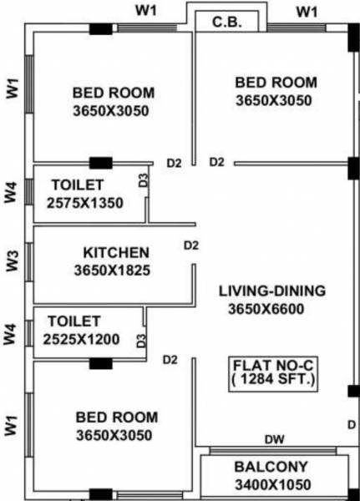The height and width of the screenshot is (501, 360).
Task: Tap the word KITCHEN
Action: point(116,252)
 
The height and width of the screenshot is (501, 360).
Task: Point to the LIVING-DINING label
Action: point(272,291)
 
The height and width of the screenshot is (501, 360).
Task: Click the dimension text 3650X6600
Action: point(272,309)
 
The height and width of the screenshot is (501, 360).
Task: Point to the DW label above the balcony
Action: point(272,439)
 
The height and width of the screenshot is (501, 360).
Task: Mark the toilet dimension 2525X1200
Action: point(81,338)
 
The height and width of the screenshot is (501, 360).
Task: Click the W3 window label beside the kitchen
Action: point(12,261)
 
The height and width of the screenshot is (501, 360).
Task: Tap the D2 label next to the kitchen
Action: point(191,245)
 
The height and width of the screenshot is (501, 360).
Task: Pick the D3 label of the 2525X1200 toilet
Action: point(141,341)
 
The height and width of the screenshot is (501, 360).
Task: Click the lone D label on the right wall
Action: point(350,424)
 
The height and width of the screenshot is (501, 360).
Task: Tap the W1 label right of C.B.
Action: point(308,11)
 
